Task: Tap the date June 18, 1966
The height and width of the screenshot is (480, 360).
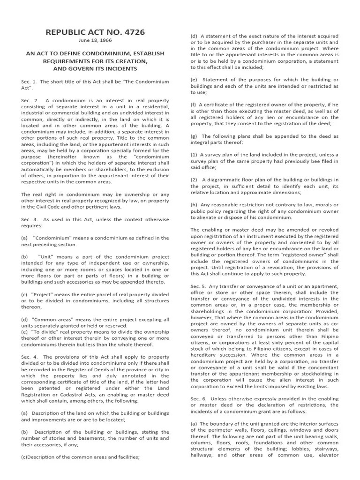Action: (x=95, y=40)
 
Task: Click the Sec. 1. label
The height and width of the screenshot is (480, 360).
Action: (x=29, y=81)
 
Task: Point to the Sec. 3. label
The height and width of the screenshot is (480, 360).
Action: (x=29, y=219)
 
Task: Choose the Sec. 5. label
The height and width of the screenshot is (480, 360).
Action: (x=198, y=286)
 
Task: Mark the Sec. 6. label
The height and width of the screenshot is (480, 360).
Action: (x=198, y=398)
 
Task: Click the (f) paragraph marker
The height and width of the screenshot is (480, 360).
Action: (x=193, y=105)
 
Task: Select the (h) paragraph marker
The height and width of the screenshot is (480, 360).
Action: (x=194, y=205)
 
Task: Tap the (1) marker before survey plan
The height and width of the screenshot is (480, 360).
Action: (x=194, y=155)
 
